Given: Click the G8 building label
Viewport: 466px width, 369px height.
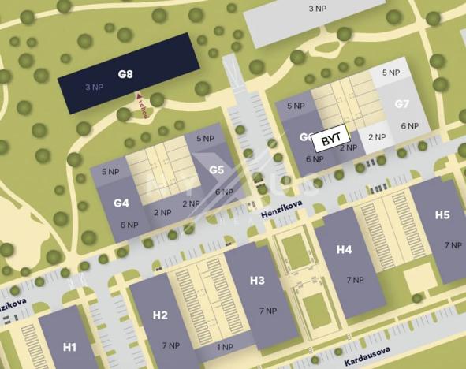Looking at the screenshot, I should tap(125, 74).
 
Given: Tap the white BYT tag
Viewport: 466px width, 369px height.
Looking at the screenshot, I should tap(331, 142).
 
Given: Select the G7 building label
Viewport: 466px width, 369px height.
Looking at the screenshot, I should tap(402, 104).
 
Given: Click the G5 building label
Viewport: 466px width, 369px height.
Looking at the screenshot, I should tap(217, 169).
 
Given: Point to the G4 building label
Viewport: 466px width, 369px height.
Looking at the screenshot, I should tap(121, 203).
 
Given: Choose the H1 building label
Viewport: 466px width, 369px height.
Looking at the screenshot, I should tap(69, 347).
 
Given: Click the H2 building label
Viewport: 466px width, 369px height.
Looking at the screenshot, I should tap(160, 315).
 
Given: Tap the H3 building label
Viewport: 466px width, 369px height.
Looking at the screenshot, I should tap(257, 280).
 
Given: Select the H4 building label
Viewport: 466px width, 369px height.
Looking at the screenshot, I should tap(345, 249).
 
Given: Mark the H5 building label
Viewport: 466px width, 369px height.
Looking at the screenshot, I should tap(442, 214).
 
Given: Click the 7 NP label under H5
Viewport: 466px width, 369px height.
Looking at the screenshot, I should tap(453, 245).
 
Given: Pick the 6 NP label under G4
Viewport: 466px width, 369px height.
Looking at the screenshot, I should tap(129, 225).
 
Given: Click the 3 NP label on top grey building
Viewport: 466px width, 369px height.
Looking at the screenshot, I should tap(318, 9).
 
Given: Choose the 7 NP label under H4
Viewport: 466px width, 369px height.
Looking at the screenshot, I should tap(355, 280).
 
